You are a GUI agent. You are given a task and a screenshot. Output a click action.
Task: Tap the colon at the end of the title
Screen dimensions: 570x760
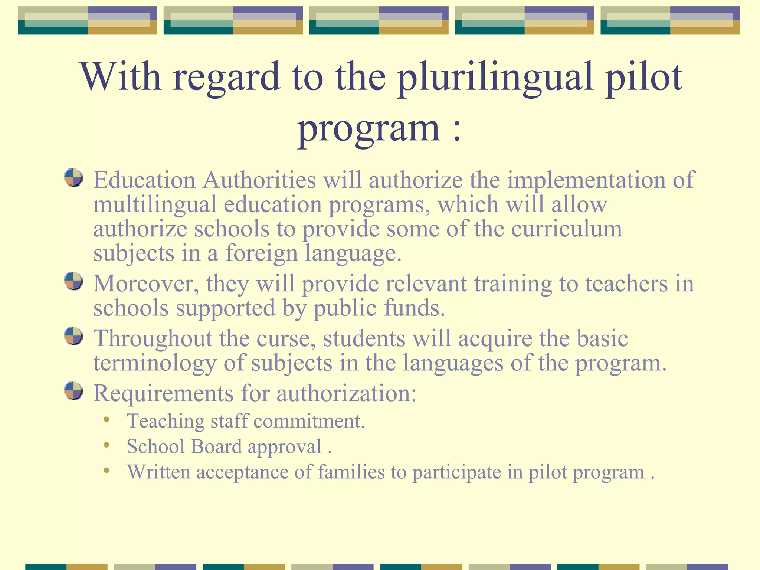tap(457, 130)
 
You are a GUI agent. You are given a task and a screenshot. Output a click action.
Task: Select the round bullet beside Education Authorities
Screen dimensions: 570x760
tap(73, 178)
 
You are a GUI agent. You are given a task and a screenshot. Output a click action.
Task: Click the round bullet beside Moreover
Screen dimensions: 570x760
tap(73, 281)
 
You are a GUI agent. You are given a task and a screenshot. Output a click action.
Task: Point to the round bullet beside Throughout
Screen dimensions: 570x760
tap(73, 336)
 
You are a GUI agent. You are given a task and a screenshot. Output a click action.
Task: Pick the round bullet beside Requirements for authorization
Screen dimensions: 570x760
tap(73, 391)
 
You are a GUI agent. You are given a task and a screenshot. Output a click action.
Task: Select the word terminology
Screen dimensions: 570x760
tap(155, 363)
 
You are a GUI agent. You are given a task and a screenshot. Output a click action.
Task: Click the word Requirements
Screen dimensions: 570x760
tap(163, 394)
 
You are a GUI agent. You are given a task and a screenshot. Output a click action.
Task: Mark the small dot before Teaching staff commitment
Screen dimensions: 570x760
tap(107, 420)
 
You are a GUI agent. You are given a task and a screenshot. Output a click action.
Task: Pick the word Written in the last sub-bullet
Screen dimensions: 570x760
tap(158, 472)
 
